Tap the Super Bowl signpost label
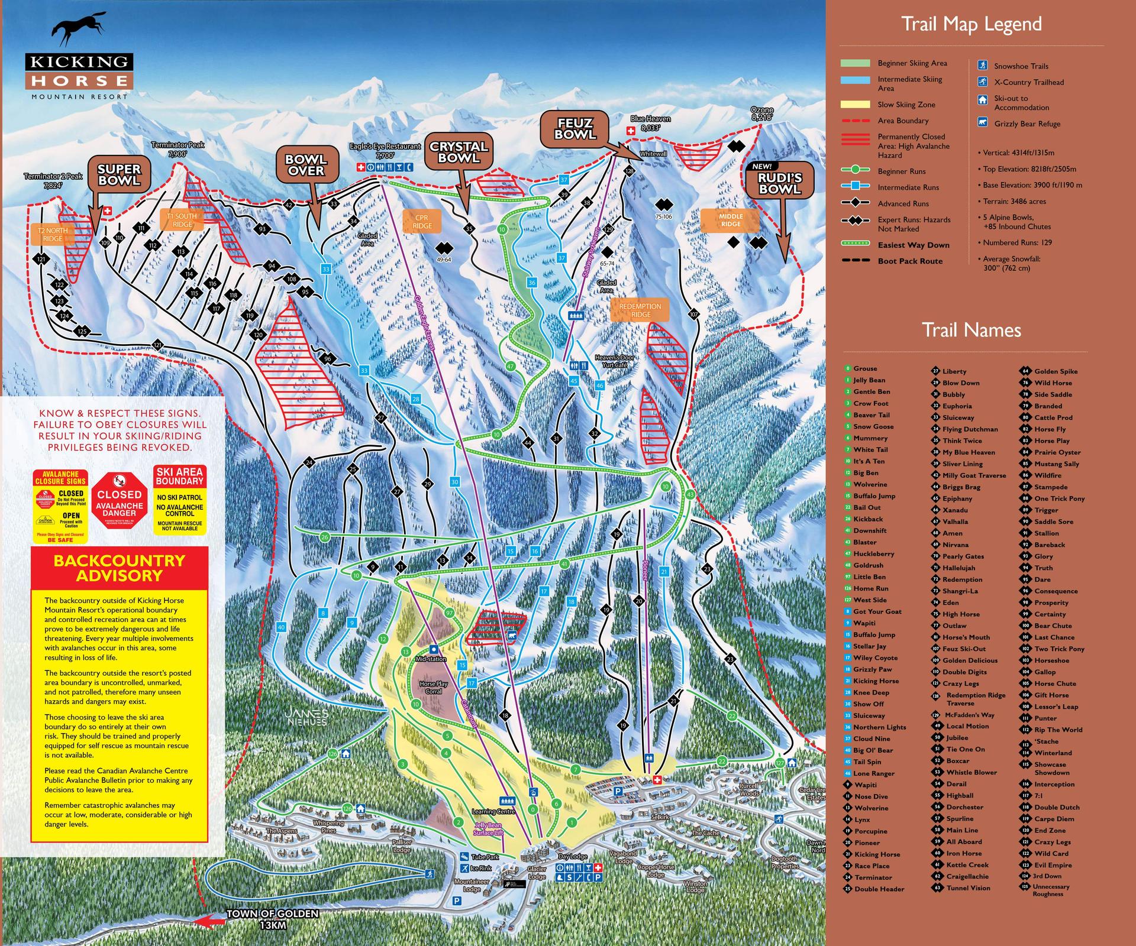point(119,174)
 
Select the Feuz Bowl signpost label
point(575,128)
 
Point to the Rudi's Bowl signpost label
point(780,183)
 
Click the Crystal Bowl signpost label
point(459,152)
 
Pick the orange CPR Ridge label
point(421,222)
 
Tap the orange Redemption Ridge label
point(640,310)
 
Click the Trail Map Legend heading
point(971,24)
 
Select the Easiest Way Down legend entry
point(913,245)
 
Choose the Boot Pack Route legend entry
point(910,261)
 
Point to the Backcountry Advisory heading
point(120,568)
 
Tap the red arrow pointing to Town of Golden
point(214,920)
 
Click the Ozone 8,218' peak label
point(761,114)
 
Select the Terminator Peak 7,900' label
point(177,149)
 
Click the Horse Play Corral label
point(433,687)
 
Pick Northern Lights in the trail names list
point(879,727)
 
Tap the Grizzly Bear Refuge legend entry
point(1027,124)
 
